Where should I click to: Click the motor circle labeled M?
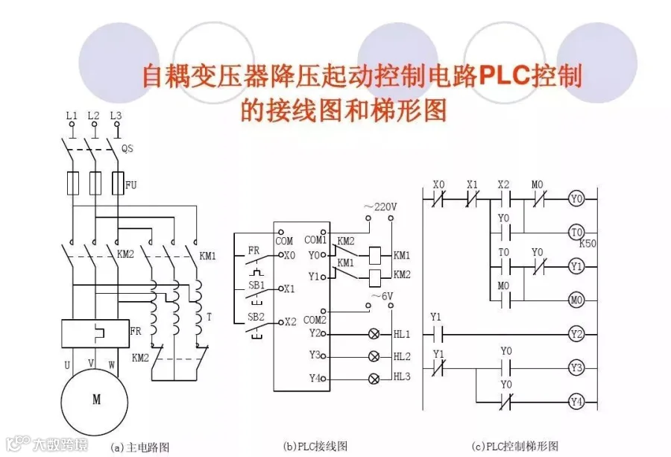coord(96,400)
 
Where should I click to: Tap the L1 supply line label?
coord(72,116)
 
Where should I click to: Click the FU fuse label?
coord(131,183)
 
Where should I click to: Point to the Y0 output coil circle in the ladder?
coord(576,200)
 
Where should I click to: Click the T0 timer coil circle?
coord(576,233)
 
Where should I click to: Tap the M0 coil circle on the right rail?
coord(576,300)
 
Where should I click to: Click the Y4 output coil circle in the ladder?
coord(576,402)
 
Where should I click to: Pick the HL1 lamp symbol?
coord(374,333)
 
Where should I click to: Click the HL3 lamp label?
coord(402,377)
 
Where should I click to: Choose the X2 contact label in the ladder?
coord(504,185)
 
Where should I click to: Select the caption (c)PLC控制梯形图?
coord(514,447)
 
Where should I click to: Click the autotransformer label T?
coord(209,317)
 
